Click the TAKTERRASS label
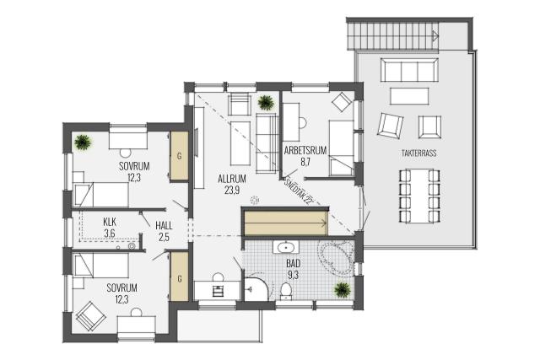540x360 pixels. point(418,153)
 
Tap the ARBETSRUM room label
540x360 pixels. point(305,150)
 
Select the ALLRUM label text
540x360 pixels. point(232,179)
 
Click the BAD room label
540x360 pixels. point(293,264)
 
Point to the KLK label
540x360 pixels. point(110,222)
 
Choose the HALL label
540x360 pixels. point(164,226)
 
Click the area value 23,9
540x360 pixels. point(232,191)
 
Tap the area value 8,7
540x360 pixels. point(305,162)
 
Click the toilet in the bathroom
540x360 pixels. point(285,291)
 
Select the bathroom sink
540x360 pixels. point(286,247)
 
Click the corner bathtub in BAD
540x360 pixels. point(337,257)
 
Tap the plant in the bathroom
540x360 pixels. point(343,290)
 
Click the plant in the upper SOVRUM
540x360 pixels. point(83,142)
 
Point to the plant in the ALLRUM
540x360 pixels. point(266,102)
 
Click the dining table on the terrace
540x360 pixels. point(419,196)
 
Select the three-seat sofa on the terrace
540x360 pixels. point(409,70)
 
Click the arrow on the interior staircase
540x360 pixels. point(286,223)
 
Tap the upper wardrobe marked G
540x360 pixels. point(179,156)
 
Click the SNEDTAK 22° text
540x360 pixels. point(297,191)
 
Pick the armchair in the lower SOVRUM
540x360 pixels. point(91,316)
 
